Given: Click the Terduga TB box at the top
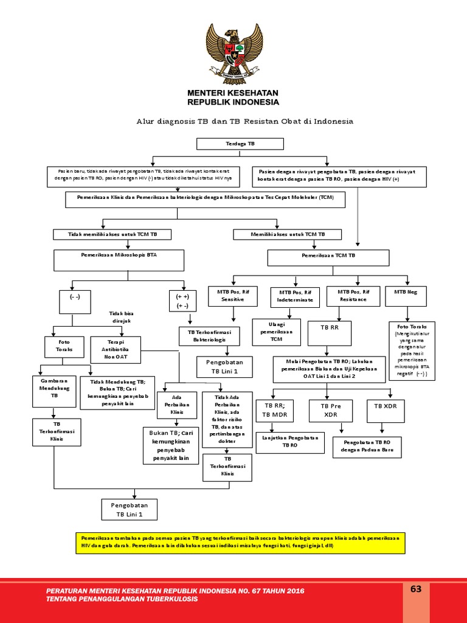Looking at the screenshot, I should [240, 144].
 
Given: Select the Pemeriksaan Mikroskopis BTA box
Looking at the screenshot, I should [119, 260].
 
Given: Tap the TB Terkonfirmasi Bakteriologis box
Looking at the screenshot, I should [209, 336].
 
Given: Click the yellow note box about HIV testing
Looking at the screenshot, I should [240, 542].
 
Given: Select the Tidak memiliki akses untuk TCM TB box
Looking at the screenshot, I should [112, 234].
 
